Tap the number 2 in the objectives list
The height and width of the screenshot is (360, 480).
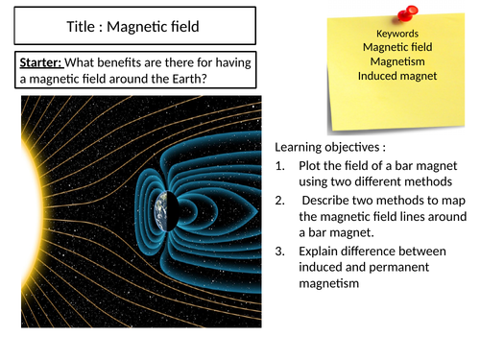pyautogui.click(x=281, y=200)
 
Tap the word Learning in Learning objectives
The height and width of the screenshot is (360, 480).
pyautogui.click(x=302, y=146)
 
